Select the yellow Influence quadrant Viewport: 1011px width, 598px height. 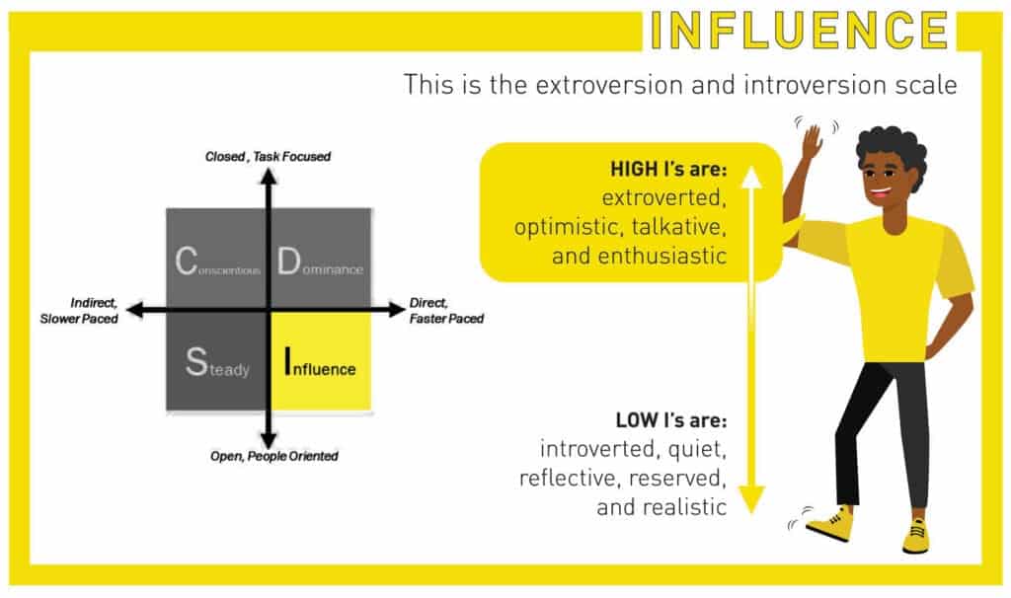[x=320, y=361]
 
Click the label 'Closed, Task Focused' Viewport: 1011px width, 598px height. [x=268, y=156]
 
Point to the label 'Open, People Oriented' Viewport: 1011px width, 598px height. [x=273, y=456]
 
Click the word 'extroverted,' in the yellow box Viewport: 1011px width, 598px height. [x=663, y=200]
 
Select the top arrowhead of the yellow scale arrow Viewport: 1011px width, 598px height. [x=751, y=178]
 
